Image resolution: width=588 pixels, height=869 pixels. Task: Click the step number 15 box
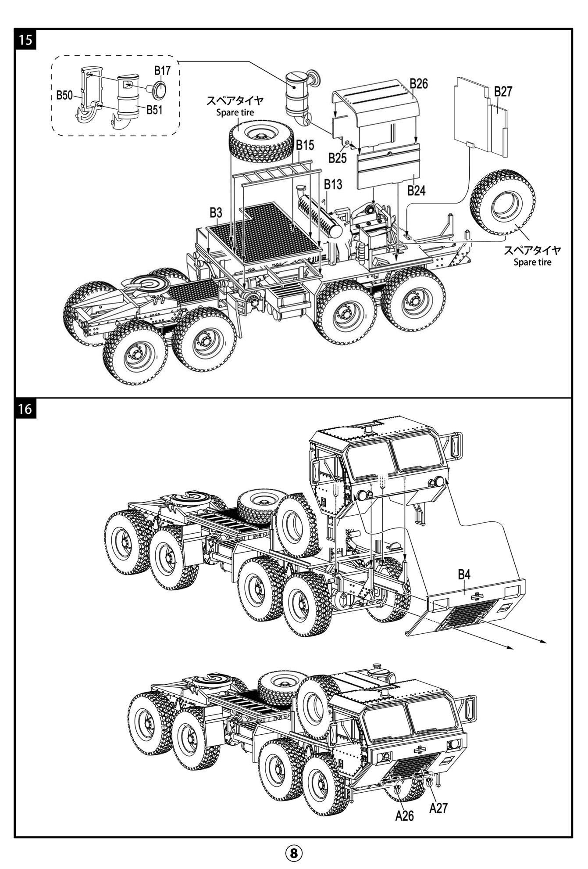(x=26, y=40)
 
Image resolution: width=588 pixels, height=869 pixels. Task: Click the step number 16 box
(x=26, y=409)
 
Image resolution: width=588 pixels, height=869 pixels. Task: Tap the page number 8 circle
(x=294, y=853)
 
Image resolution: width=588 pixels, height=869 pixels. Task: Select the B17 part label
(x=162, y=71)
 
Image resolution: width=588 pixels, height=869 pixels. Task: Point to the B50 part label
(x=64, y=95)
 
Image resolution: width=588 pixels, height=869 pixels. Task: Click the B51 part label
(x=154, y=110)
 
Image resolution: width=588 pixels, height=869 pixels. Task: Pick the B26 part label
(x=419, y=83)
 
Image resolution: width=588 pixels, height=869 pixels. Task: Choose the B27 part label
(x=503, y=92)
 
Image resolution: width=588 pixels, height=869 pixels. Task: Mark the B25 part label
(x=337, y=158)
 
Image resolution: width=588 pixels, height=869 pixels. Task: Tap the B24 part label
(x=416, y=190)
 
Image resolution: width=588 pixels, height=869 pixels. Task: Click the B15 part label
(x=305, y=145)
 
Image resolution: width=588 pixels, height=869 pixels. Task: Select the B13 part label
(x=333, y=184)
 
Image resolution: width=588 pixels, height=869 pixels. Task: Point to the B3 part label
(x=216, y=213)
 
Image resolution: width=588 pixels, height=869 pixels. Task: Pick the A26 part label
(x=404, y=815)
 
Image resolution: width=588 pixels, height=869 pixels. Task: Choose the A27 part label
(x=438, y=808)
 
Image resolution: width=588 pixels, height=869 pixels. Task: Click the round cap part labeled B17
(x=158, y=90)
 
